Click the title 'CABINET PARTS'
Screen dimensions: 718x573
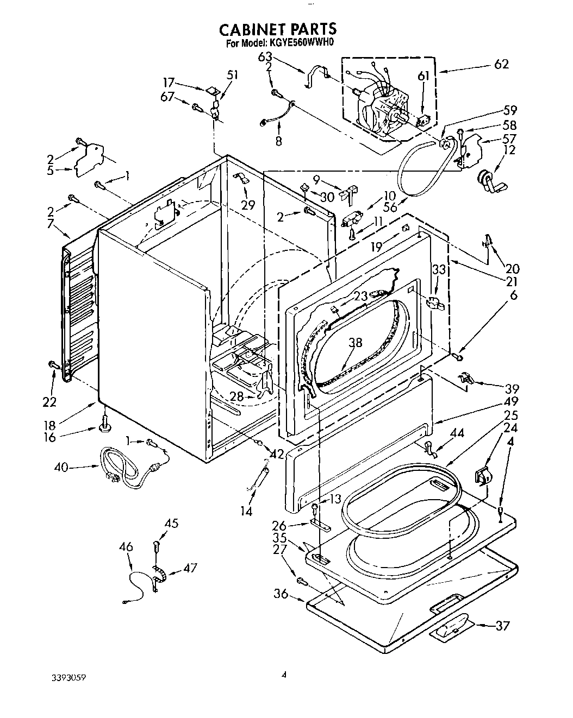coord(277,28)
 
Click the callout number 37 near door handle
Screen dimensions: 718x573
coord(503,626)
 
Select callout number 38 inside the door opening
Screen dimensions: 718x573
coord(355,343)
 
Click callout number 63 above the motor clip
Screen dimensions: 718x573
coord(281,56)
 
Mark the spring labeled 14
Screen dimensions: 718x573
coord(261,476)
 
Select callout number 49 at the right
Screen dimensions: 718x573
coord(510,402)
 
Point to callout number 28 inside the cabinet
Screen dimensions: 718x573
coord(235,396)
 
